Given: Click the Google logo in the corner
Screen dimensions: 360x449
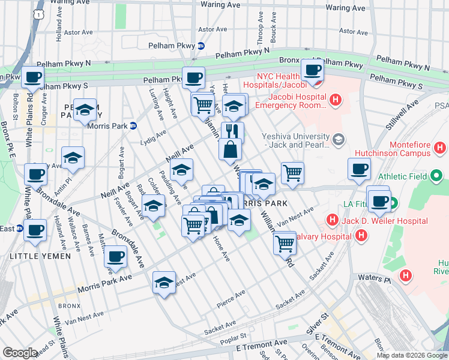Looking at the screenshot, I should pos(20,353).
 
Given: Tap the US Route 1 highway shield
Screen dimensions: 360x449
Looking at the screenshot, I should pos(38,13).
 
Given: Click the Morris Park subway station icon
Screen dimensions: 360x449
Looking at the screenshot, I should pos(133,126).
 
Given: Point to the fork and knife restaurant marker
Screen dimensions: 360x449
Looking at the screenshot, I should pos(232,132).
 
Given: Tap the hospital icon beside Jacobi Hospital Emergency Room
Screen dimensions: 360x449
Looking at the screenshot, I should pos(336,100).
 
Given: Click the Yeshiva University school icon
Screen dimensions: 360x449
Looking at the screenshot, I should pos(339,140).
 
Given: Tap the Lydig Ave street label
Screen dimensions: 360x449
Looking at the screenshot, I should pos(153,139).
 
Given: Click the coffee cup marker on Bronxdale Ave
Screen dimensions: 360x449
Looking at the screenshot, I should pos(115,257).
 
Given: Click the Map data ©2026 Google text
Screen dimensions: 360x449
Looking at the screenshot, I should pos(412,355).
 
